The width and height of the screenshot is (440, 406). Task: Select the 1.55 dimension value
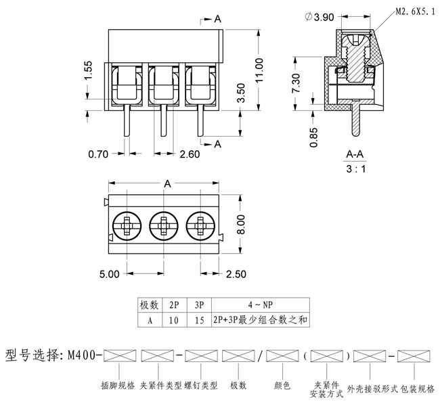pyautogui.click(x=89, y=70)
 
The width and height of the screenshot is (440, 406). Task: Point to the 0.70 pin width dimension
pyautogui.click(x=99, y=154)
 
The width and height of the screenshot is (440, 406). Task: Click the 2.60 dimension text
pyautogui.click(x=190, y=154)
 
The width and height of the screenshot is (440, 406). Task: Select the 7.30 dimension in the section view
pyautogui.click(x=296, y=83)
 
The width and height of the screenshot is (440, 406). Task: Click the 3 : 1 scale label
pyautogui.click(x=355, y=169)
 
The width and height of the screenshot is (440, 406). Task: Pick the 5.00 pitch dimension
pyautogui.click(x=109, y=274)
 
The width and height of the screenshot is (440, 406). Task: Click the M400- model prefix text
pyautogui.click(x=84, y=355)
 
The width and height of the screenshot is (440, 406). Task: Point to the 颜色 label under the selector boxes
pyautogui.click(x=282, y=386)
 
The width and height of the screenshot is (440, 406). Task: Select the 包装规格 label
pyautogui.click(x=417, y=389)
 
